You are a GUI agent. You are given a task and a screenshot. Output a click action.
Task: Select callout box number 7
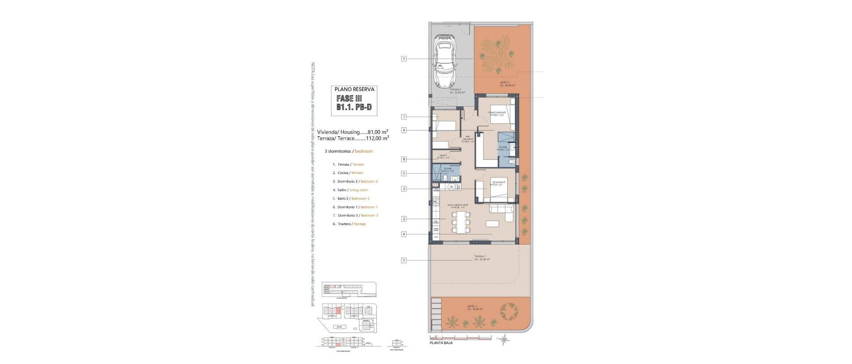click(x=404, y=117)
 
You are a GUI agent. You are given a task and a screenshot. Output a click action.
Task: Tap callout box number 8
click(x=404, y=159)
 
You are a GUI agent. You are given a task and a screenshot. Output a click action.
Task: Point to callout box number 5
click(x=404, y=174)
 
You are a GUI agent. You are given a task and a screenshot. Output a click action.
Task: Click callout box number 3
click(x=404, y=189)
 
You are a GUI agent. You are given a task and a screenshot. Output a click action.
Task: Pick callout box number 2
click(x=404, y=219)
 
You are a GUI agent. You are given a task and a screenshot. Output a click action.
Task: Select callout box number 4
click(x=404, y=234)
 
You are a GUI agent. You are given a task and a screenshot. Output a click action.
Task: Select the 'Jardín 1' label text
click(x=472, y=306)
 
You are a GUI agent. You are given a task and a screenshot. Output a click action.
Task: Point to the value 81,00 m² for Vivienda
click(x=378, y=132)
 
